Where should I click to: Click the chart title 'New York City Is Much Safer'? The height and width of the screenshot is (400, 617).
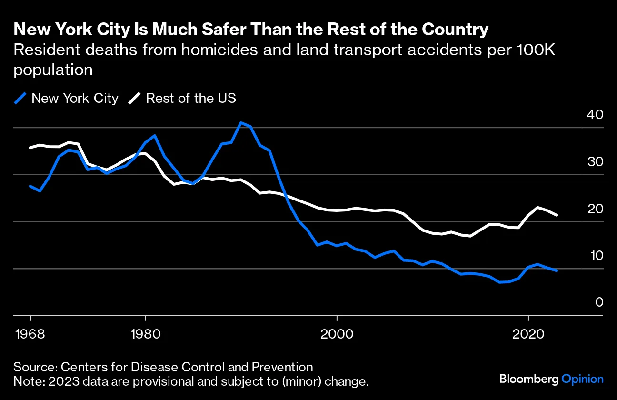point(251,30)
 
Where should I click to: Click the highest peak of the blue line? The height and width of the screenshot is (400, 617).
point(241,123)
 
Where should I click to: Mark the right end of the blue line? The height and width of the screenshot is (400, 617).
point(557,270)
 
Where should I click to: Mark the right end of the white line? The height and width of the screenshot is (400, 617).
point(557,215)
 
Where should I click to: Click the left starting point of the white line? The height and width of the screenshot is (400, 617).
point(30,148)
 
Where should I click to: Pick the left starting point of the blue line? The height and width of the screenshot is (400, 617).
point(30,186)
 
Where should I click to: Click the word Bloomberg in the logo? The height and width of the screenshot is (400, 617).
point(529,379)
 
